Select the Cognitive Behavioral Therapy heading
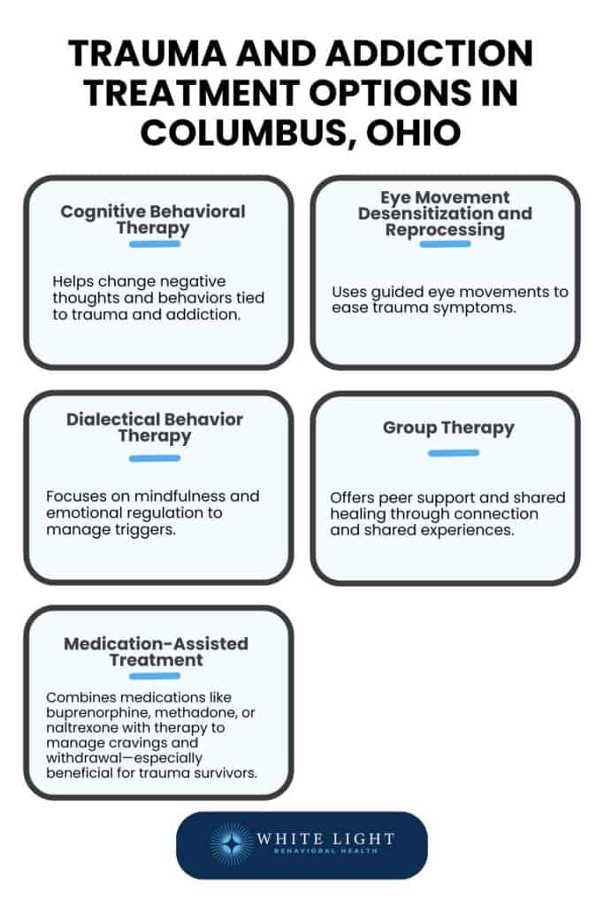[153, 219]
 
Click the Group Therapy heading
[448, 427]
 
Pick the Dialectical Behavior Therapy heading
[155, 427]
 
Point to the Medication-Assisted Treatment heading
[156, 651]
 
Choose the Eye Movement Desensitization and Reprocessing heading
[445, 213]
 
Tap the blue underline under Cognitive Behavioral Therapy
[154, 243]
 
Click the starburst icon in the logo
[232, 845]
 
